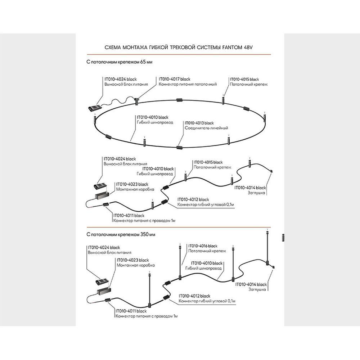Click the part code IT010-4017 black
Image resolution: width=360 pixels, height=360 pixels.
(x=175, y=79)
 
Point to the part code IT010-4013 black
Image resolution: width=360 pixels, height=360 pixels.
(x=199, y=123)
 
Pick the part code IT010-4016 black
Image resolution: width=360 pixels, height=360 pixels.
(x=203, y=246)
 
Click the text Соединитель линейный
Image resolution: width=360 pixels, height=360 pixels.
(x=206, y=128)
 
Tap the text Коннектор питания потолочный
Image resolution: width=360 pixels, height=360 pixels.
(x=188, y=84)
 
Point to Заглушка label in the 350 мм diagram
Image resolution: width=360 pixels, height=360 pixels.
(x=257, y=289)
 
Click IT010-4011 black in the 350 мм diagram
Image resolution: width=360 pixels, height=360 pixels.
(x=131, y=310)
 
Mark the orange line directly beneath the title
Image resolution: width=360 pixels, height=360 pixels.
(x=180, y=54)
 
